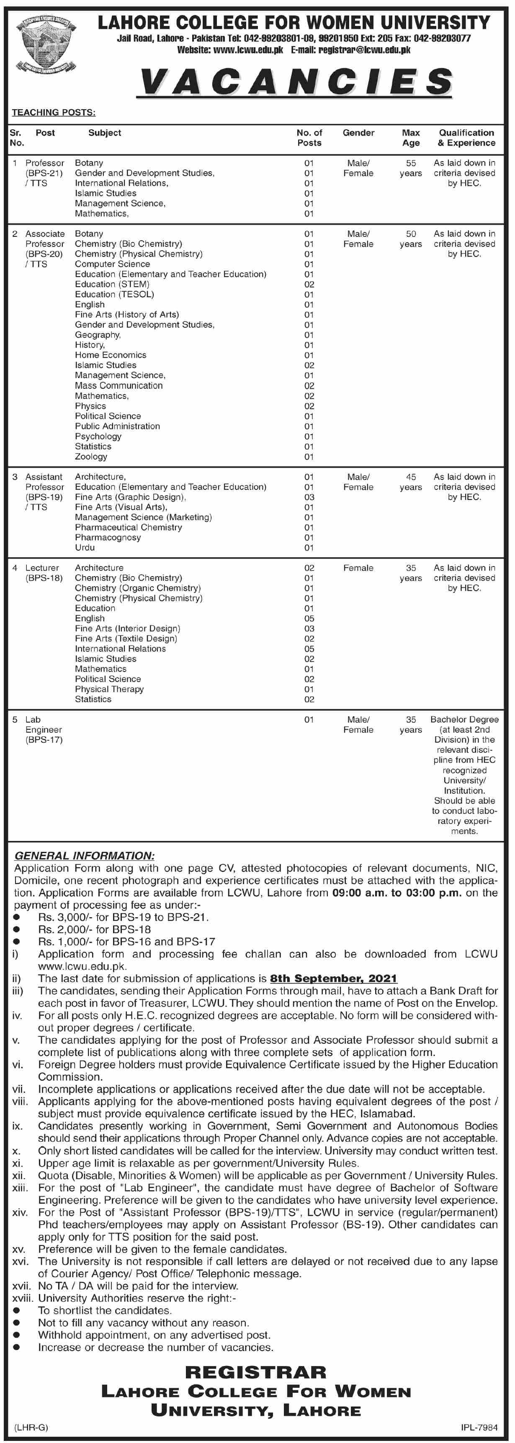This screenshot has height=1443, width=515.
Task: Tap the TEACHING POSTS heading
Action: pos(54,113)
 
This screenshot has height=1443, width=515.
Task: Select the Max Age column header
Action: pos(411,138)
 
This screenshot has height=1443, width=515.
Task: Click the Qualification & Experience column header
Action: pos(466,138)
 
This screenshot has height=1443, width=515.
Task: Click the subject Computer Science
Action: pos(113,264)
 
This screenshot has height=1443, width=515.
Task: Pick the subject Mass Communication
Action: pos(119,385)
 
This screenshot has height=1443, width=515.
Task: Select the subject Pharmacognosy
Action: pos(108,537)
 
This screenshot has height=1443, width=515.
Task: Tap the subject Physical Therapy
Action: pos(109,689)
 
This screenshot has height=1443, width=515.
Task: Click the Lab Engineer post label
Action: pos(44,729)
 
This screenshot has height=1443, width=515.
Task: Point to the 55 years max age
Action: pos(411,168)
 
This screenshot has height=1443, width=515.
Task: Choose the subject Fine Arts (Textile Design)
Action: pos(126,638)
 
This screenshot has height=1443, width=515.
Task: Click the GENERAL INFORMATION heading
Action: pos(84,856)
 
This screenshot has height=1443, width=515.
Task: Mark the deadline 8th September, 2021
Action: pos(333,979)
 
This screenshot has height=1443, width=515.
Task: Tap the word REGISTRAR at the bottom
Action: pos(255,1372)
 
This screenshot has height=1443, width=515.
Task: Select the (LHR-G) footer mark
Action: pos(31,1428)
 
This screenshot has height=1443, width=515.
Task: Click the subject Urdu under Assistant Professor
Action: pos(85,547)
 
